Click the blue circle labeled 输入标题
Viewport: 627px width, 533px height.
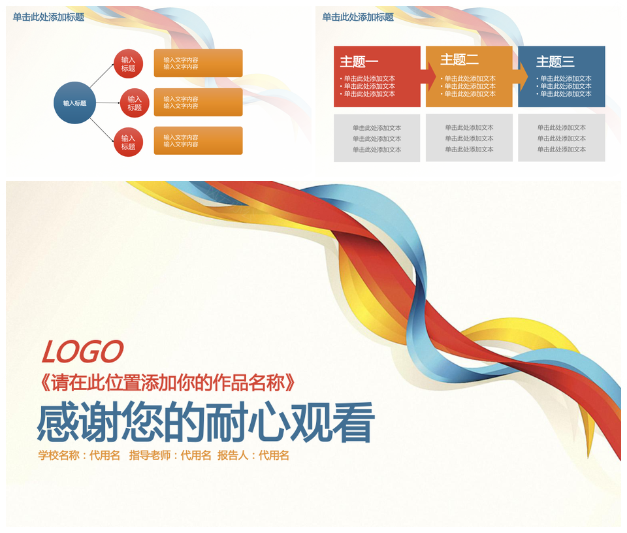click(x=74, y=103)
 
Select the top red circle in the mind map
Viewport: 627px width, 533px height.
click(x=129, y=64)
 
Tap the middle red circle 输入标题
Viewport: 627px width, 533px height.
click(x=135, y=103)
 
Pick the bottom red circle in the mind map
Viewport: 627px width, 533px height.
click(x=129, y=142)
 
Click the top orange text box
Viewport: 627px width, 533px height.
click(x=199, y=63)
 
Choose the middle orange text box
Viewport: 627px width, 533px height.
click(x=199, y=102)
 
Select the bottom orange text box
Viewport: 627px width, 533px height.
click(x=199, y=140)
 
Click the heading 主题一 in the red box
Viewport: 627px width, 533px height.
click(x=359, y=61)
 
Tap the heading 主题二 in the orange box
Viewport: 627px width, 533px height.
click(x=459, y=59)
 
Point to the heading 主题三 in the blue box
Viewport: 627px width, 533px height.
click(x=555, y=61)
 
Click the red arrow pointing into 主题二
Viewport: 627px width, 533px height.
click(x=431, y=77)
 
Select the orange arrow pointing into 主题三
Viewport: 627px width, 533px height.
click(x=523, y=77)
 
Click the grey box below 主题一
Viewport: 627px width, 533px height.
click(x=377, y=138)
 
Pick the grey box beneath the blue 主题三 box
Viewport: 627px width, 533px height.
click(x=562, y=138)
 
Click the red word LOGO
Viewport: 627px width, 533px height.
click(x=82, y=352)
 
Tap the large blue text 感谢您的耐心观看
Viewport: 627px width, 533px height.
click(x=206, y=422)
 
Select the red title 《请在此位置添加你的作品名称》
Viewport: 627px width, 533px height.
click(x=168, y=383)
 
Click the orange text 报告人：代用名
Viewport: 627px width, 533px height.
click(x=253, y=455)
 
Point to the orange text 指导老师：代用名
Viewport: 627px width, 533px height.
click(x=170, y=455)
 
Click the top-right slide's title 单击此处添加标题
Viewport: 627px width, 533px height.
click(x=358, y=17)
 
